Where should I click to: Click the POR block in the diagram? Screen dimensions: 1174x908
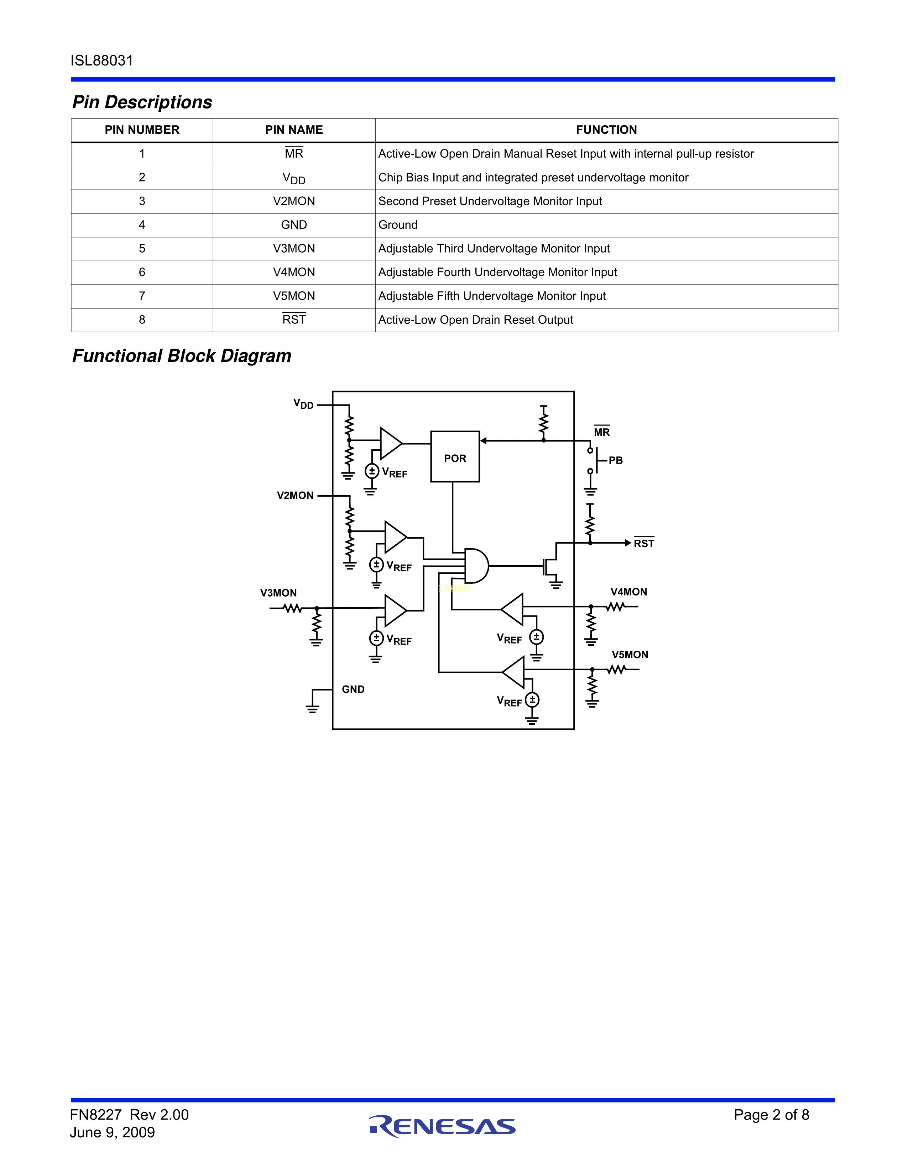(x=455, y=456)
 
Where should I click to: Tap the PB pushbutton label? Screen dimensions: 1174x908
(x=615, y=461)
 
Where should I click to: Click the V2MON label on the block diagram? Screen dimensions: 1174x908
(x=295, y=496)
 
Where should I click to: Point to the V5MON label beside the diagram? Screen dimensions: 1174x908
(x=629, y=655)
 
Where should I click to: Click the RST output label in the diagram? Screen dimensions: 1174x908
(x=643, y=544)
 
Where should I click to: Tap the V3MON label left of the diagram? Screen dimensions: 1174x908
(x=278, y=593)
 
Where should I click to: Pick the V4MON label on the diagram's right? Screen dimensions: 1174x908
(x=628, y=592)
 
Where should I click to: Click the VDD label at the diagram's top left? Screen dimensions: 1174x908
(x=303, y=404)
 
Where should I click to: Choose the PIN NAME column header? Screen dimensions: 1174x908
(x=294, y=130)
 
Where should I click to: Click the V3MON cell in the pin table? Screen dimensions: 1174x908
(x=294, y=249)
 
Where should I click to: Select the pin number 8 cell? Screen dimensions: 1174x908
(x=142, y=320)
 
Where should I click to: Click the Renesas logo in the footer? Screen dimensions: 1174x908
(x=442, y=1126)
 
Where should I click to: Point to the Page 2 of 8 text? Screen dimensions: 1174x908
(x=771, y=1115)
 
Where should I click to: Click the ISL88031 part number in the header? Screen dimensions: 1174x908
(x=102, y=61)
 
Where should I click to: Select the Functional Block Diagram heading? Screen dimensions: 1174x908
(x=182, y=356)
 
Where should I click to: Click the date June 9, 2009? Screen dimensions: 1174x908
(x=113, y=1133)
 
